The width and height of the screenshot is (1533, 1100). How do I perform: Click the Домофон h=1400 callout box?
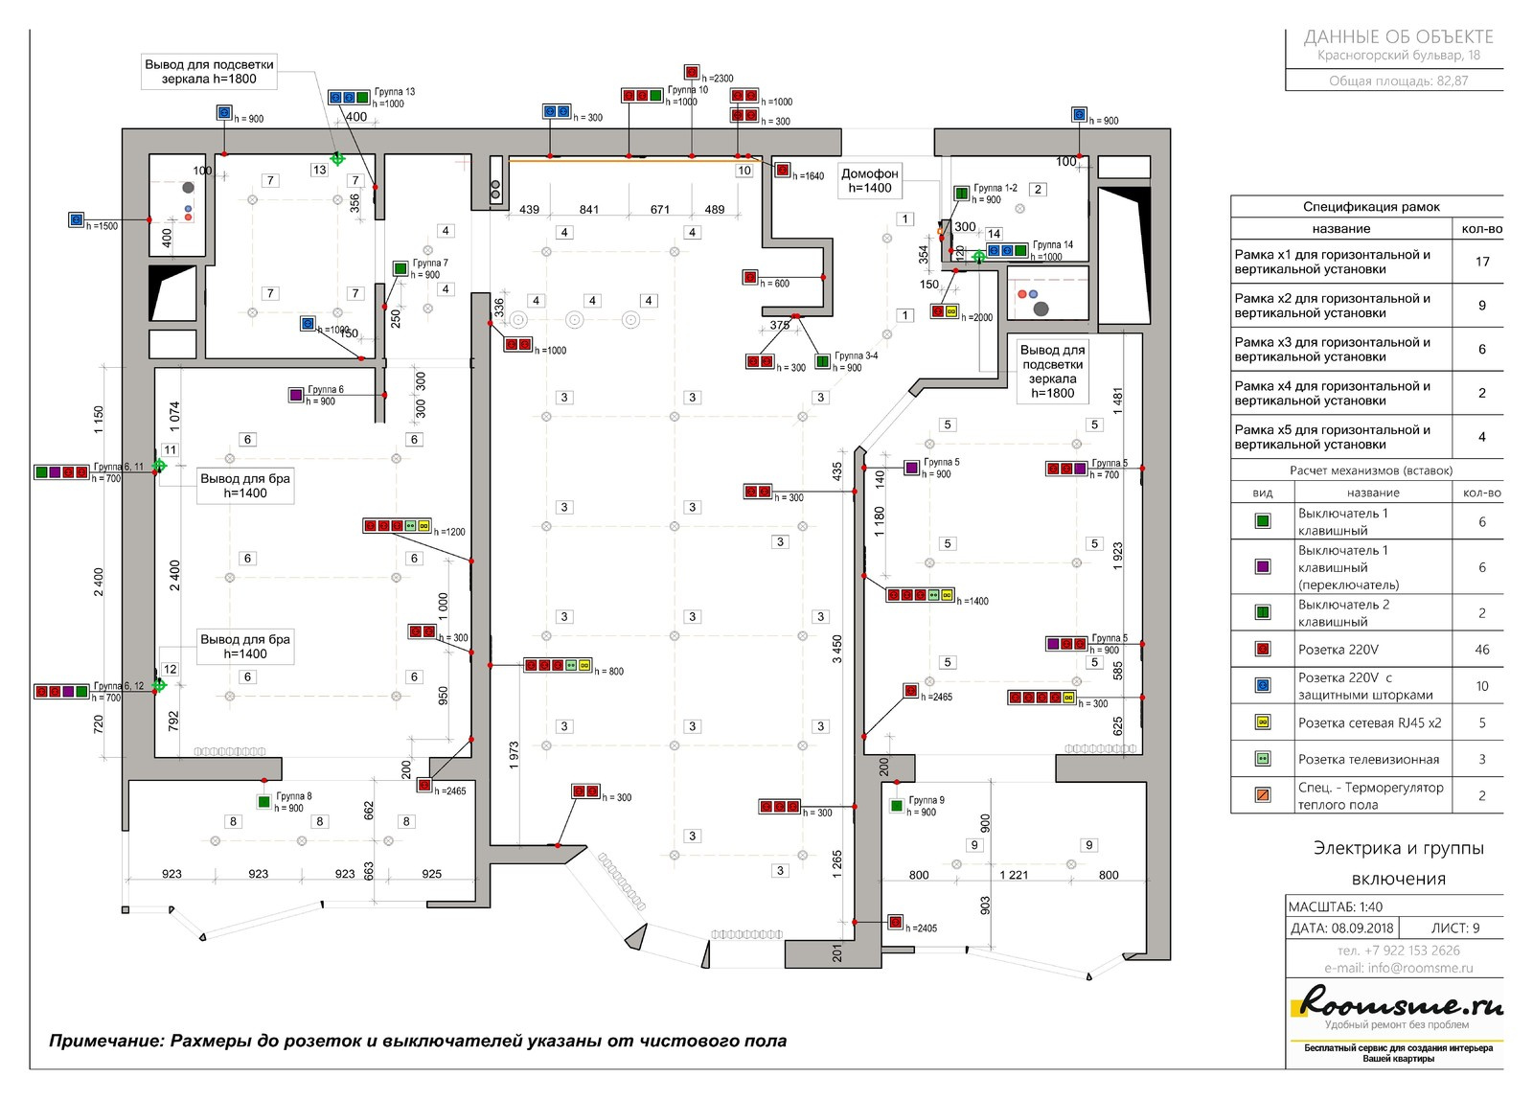click(869, 180)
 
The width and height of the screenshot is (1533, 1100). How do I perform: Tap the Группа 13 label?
click(394, 92)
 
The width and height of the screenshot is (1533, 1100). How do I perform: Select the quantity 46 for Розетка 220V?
click(1481, 650)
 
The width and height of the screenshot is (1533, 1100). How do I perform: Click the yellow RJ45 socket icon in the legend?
click(1263, 722)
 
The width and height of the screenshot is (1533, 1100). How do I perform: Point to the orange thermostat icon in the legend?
click(1263, 795)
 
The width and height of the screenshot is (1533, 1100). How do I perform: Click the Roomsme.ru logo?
click(1399, 1006)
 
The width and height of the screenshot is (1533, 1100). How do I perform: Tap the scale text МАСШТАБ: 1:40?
click(1335, 906)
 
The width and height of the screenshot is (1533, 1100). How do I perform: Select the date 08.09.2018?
click(1361, 928)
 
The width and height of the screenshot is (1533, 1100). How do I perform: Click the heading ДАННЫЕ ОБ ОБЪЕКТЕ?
click(1398, 37)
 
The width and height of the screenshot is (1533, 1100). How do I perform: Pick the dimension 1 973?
click(515, 756)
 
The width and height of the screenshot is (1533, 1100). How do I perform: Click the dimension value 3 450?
click(837, 649)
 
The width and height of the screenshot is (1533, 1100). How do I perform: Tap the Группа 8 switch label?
click(293, 796)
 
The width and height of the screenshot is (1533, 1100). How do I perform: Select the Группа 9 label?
click(926, 800)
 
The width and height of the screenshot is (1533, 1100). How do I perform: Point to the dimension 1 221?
click(1013, 875)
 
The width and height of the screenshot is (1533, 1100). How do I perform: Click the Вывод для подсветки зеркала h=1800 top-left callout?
click(209, 72)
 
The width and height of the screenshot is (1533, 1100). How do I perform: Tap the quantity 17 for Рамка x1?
click(1481, 262)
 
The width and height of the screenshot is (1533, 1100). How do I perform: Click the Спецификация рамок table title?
click(1370, 206)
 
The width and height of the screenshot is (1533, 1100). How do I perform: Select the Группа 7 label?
click(430, 263)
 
